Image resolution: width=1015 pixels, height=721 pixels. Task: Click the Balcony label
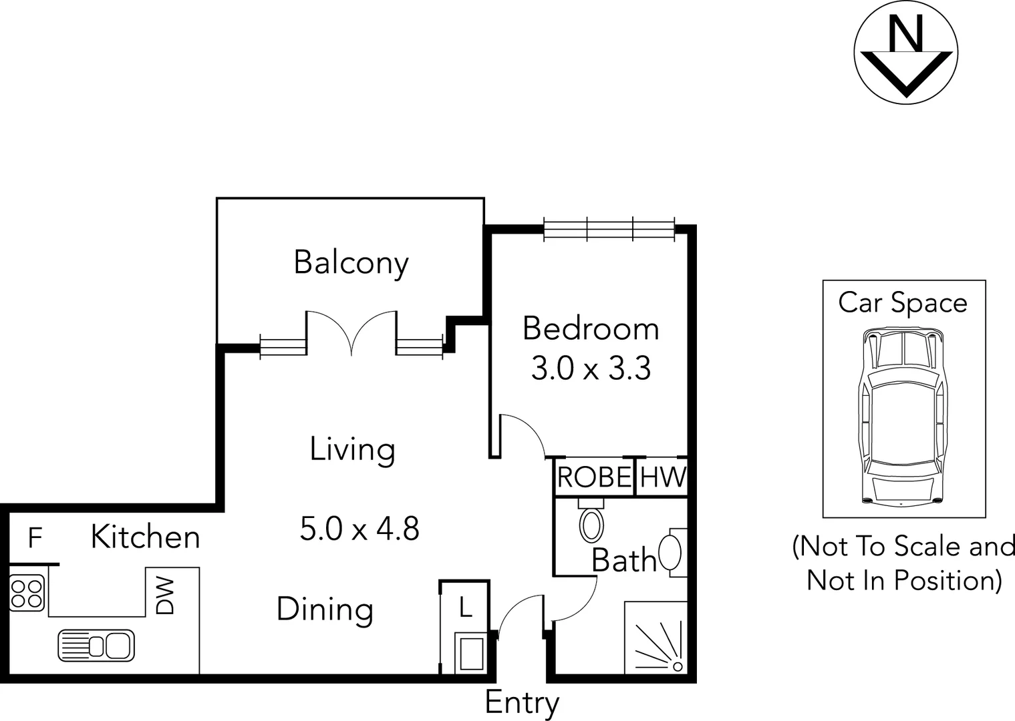(x=351, y=262)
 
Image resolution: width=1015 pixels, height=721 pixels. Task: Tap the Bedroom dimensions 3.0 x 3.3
(x=591, y=369)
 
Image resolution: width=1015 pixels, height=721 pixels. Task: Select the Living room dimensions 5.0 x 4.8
(x=359, y=529)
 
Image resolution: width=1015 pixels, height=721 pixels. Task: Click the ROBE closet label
(x=594, y=477)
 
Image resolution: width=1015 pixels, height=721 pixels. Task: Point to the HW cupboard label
(x=662, y=477)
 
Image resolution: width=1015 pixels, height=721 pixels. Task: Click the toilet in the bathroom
(x=591, y=523)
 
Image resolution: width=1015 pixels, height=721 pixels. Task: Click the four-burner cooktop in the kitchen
(x=27, y=593)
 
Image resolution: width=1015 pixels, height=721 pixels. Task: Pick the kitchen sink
(x=96, y=646)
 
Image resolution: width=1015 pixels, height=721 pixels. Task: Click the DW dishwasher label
(x=165, y=595)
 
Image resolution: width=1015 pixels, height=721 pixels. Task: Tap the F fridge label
(x=35, y=537)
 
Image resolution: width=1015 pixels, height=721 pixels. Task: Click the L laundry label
(x=465, y=608)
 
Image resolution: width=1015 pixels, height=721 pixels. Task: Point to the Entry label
(x=522, y=703)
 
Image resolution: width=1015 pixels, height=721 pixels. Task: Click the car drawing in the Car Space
(x=903, y=415)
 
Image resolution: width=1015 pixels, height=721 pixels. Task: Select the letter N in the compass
(x=906, y=33)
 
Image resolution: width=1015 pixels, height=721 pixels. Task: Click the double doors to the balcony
(x=351, y=332)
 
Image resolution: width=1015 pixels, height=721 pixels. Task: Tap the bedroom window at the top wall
(x=609, y=229)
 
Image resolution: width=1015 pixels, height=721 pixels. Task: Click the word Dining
(x=325, y=610)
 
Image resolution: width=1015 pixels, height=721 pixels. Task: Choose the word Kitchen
(x=145, y=537)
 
